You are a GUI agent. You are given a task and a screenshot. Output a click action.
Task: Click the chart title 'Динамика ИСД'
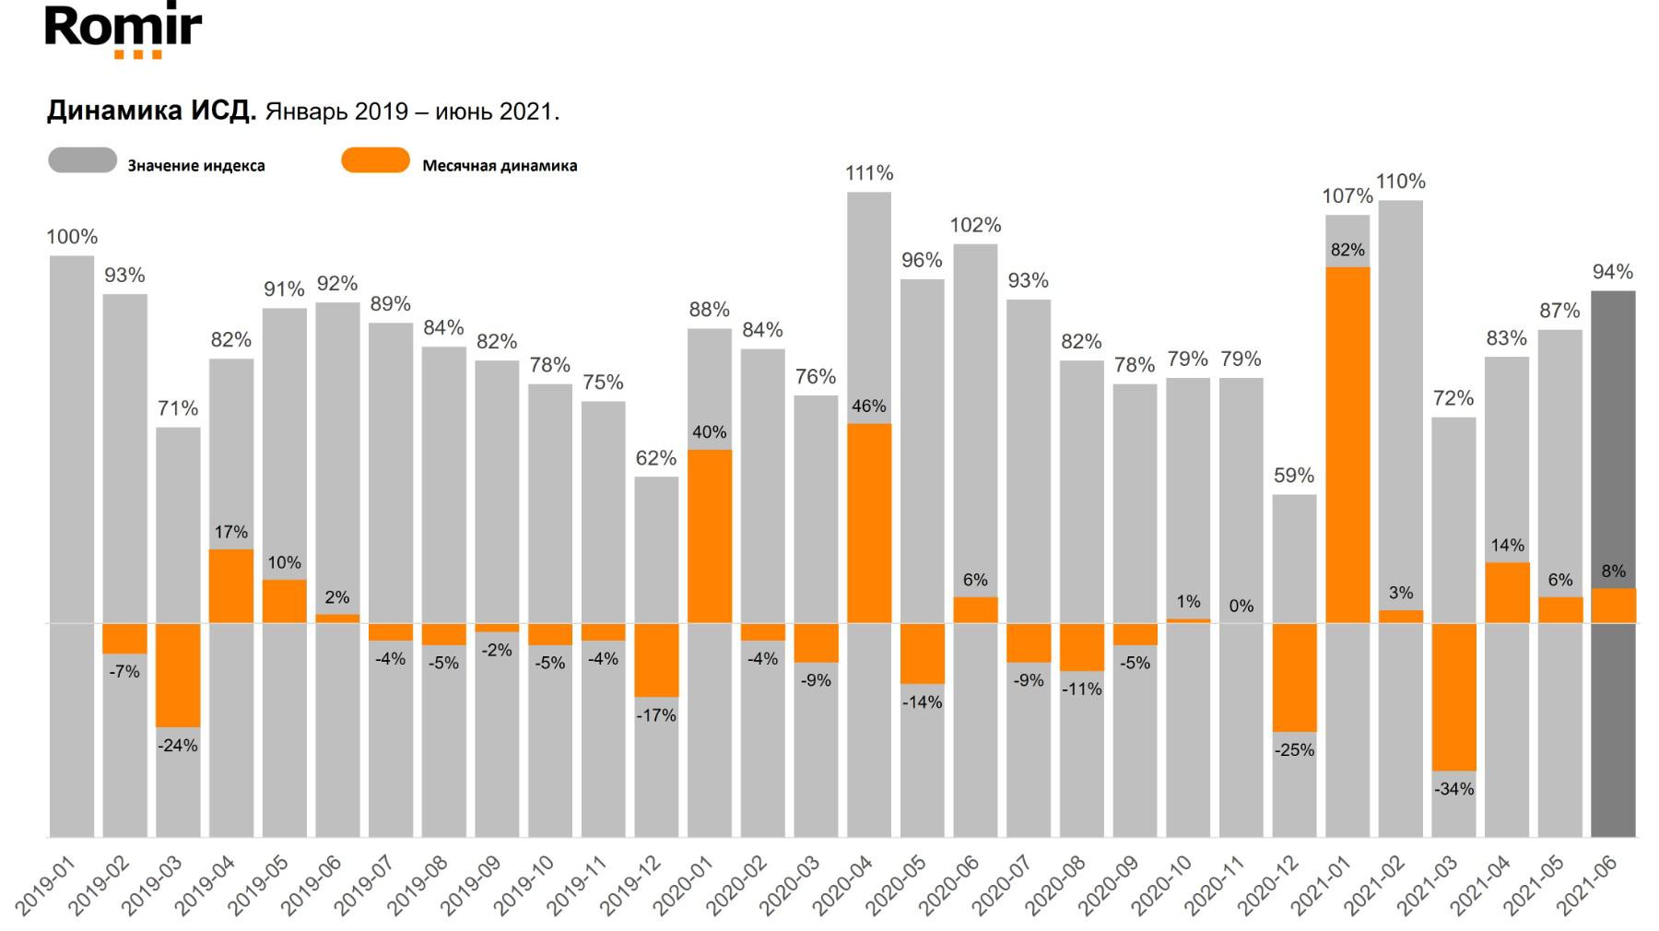point(151,112)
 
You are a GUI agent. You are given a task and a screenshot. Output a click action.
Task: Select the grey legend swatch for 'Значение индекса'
point(83,160)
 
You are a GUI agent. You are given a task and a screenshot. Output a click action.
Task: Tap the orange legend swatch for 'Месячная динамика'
point(375,160)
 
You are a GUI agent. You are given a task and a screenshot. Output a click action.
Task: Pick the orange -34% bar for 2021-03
point(1453,697)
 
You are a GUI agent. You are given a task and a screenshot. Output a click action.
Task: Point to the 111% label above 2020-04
point(869,173)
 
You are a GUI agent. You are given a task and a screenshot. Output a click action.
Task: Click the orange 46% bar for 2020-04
point(869,523)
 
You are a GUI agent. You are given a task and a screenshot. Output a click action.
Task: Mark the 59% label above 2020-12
point(1294,476)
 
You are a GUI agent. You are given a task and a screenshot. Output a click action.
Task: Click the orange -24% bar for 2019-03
point(178,675)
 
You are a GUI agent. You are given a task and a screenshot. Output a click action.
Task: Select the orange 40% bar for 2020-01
point(710,536)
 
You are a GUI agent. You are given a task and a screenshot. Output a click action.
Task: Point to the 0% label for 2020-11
point(1241,607)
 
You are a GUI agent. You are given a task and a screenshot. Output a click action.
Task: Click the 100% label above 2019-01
point(72,237)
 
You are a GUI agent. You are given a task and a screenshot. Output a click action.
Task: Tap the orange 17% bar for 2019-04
point(231,586)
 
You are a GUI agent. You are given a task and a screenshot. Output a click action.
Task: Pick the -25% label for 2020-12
point(1294,750)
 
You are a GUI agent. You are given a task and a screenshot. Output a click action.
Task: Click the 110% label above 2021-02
point(1400,182)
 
